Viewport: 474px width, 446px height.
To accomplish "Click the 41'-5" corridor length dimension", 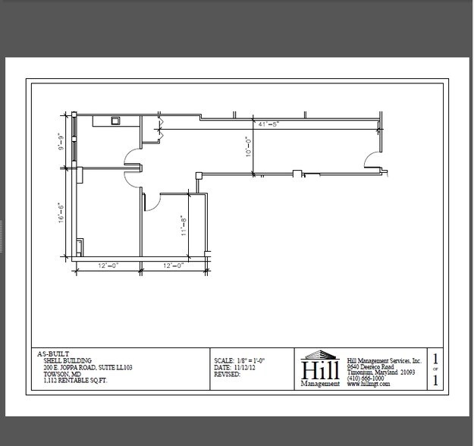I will point(268,124).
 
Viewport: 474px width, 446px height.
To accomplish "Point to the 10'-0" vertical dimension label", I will point(246,146).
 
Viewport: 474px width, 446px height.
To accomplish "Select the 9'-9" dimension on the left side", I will point(60,142).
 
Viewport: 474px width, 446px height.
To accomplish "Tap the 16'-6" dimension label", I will point(60,212).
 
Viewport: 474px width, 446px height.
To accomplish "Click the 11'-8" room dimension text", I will point(183,226).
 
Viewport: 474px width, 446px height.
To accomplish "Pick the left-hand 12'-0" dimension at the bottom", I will point(108,265).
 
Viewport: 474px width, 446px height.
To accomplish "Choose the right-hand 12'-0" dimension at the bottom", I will point(174,265).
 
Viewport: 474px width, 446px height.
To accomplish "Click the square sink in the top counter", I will point(115,120).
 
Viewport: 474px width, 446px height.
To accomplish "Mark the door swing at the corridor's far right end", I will point(372,159).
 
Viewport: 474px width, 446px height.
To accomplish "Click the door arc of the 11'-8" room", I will point(150,201).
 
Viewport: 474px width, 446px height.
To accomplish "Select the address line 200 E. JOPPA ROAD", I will point(87,367).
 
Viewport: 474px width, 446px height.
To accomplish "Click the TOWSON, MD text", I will point(62,374).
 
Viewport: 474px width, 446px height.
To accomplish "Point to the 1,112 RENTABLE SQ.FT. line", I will point(75,381).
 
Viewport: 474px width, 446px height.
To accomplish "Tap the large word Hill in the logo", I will point(320,369).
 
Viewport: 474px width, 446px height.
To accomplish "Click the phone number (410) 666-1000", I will point(366,378).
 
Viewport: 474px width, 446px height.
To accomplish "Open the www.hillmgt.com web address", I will point(369,385).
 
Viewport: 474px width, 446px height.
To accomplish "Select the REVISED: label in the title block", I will point(228,375).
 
